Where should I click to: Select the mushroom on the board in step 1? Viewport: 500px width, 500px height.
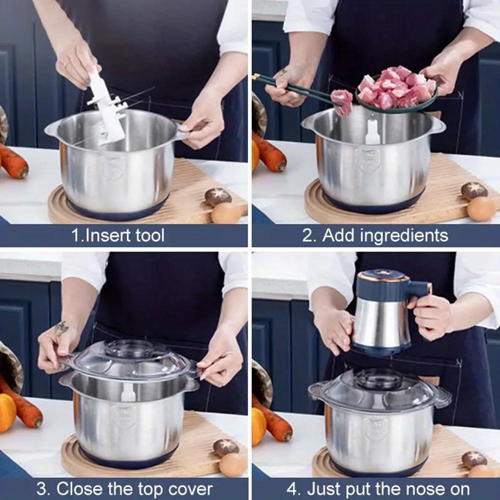tap(218, 197)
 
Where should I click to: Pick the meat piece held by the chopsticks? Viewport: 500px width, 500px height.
tap(342, 101)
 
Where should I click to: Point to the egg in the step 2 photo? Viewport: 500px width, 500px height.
tap(481, 209)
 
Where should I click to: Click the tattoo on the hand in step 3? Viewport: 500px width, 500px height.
tap(61, 328)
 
